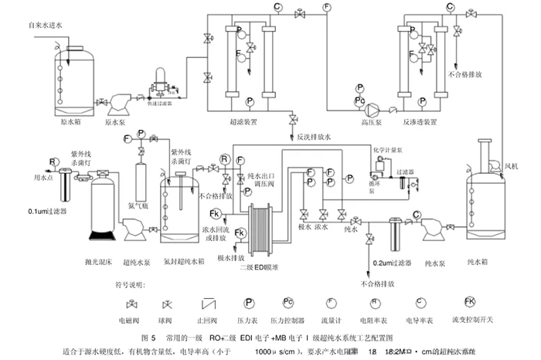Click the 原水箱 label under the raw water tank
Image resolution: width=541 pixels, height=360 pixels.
71,121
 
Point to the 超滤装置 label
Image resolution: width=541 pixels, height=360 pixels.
247,121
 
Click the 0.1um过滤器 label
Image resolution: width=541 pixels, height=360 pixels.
47,211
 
